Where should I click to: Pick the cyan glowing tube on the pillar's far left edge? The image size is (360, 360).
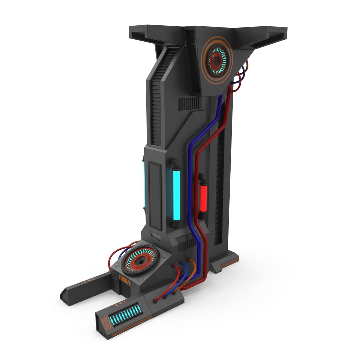pos(143,183)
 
